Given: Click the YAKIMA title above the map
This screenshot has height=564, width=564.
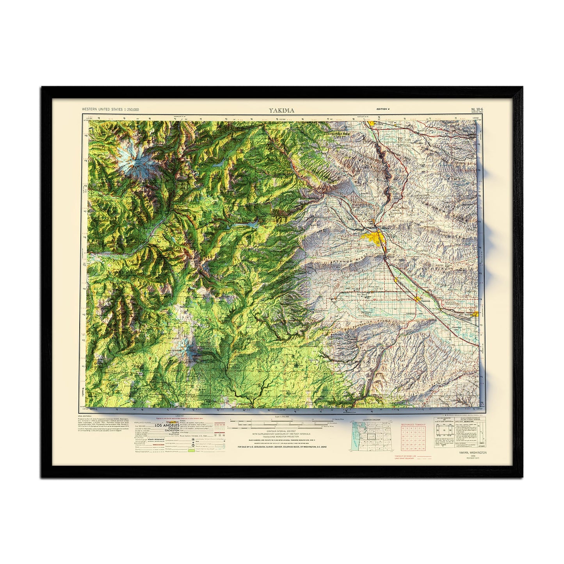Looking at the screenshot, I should tap(281, 110).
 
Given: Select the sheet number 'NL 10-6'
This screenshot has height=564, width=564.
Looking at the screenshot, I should tap(477, 109).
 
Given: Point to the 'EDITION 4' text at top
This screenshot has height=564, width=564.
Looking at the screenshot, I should tap(383, 109).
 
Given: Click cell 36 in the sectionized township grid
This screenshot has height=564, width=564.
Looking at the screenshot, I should tap(423, 449).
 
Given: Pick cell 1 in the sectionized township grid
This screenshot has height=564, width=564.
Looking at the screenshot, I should tap(423, 428).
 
